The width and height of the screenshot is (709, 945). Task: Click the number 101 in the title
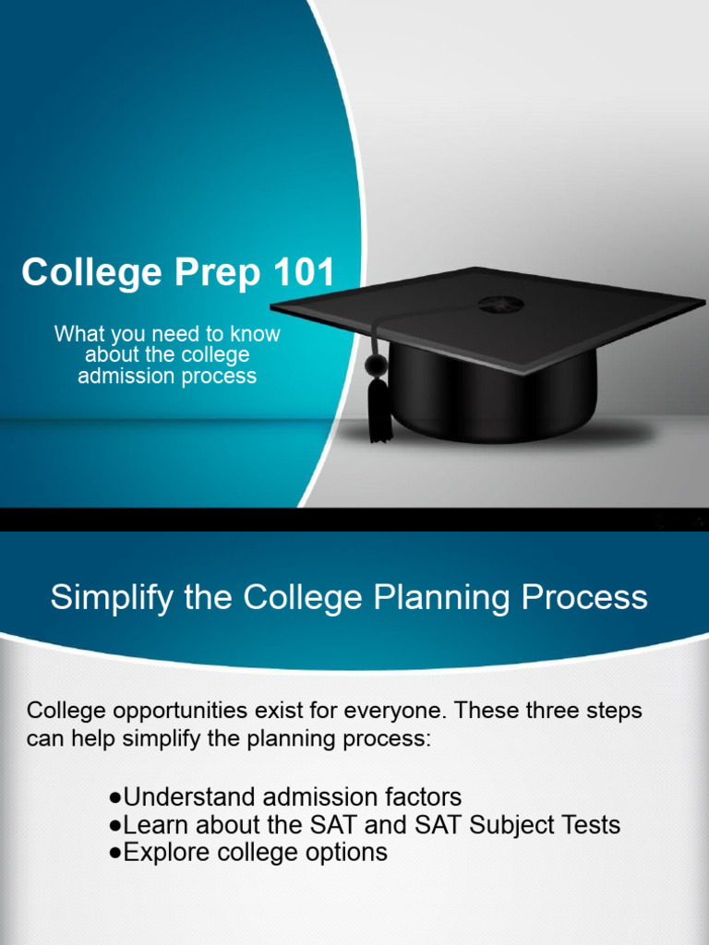point(303,273)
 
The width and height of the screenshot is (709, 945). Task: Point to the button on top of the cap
point(500,304)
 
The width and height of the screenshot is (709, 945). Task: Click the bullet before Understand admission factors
point(115,797)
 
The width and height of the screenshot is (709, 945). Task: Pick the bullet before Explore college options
point(115,853)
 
